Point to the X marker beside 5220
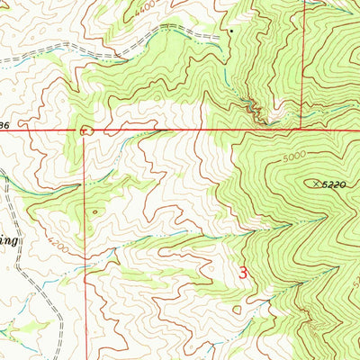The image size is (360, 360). [x=316, y=184]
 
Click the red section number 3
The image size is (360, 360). [x=243, y=271]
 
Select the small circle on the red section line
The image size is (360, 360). [x=86, y=130]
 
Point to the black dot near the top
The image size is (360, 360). [x=230, y=31]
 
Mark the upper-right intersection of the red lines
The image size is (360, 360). [x=304, y=130]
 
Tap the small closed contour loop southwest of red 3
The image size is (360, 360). [x=236, y=310]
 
